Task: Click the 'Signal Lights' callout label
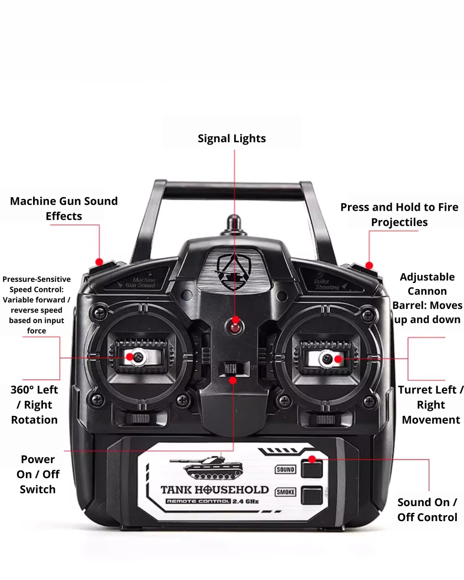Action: point(232,139)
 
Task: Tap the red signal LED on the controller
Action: point(235,328)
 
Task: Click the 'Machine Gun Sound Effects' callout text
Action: point(64,208)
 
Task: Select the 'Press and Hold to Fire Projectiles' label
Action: point(399,214)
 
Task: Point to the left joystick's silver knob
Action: point(138,358)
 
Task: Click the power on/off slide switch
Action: point(231,368)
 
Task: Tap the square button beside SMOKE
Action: point(312,495)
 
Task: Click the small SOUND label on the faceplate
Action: point(285,469)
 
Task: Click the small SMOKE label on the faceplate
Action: point(285,492)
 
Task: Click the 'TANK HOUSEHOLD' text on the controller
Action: point(215,490)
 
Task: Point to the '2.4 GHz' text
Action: point(245,501)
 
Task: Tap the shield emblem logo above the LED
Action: point(233,271)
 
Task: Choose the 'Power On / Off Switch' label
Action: point(38,474)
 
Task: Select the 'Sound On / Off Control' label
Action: point(427,510)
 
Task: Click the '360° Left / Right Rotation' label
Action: point(34,405)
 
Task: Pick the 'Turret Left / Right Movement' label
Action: point(430,405)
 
